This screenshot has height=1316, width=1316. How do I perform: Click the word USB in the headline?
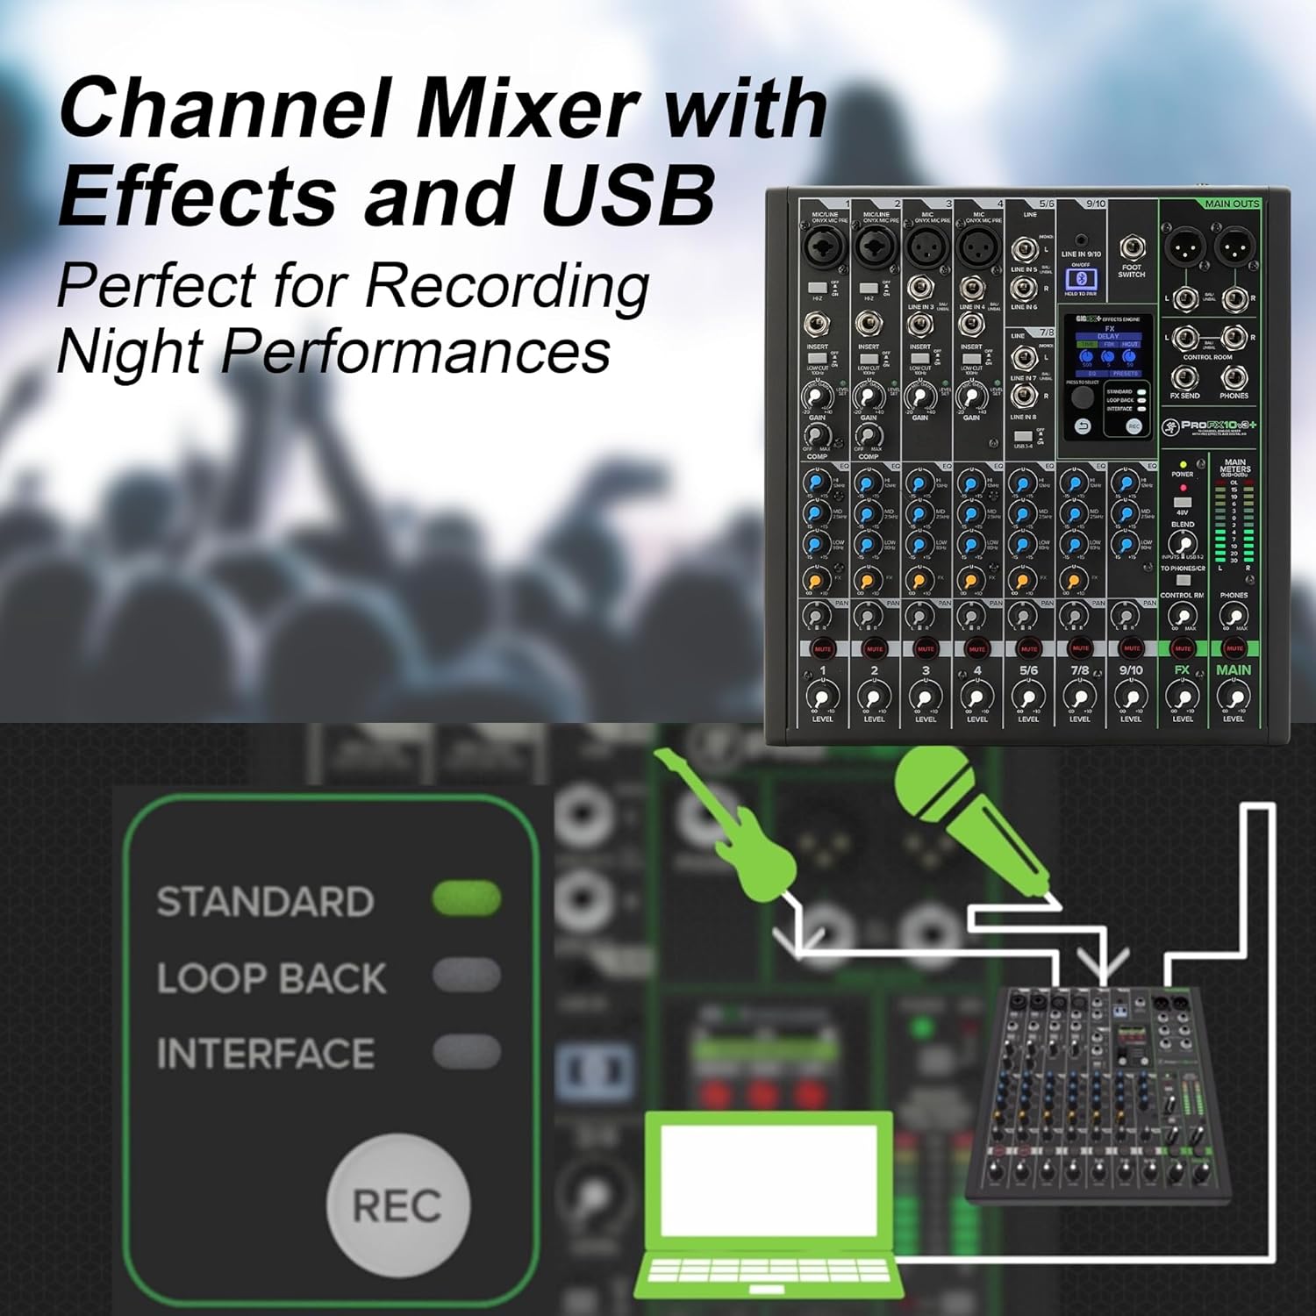[627, 195]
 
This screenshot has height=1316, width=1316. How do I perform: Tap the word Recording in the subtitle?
[507, 286]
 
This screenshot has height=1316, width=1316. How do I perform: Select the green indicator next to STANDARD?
[467, 900]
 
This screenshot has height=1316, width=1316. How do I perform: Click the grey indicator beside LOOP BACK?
[467, 976]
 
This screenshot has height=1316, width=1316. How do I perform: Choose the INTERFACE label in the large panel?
[265, 1053]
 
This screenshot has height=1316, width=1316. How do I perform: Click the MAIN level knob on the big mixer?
[1234, 697]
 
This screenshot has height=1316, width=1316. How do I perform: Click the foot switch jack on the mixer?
[1131, 248]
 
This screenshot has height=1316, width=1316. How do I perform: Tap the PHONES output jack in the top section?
[1234, 378]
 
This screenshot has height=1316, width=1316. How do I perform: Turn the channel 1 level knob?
[822, 697]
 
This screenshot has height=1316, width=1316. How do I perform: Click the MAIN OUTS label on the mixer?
[1231, 204]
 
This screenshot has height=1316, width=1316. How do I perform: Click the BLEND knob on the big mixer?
[1183, 543]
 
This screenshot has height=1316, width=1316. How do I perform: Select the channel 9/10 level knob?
[1131, 697]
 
